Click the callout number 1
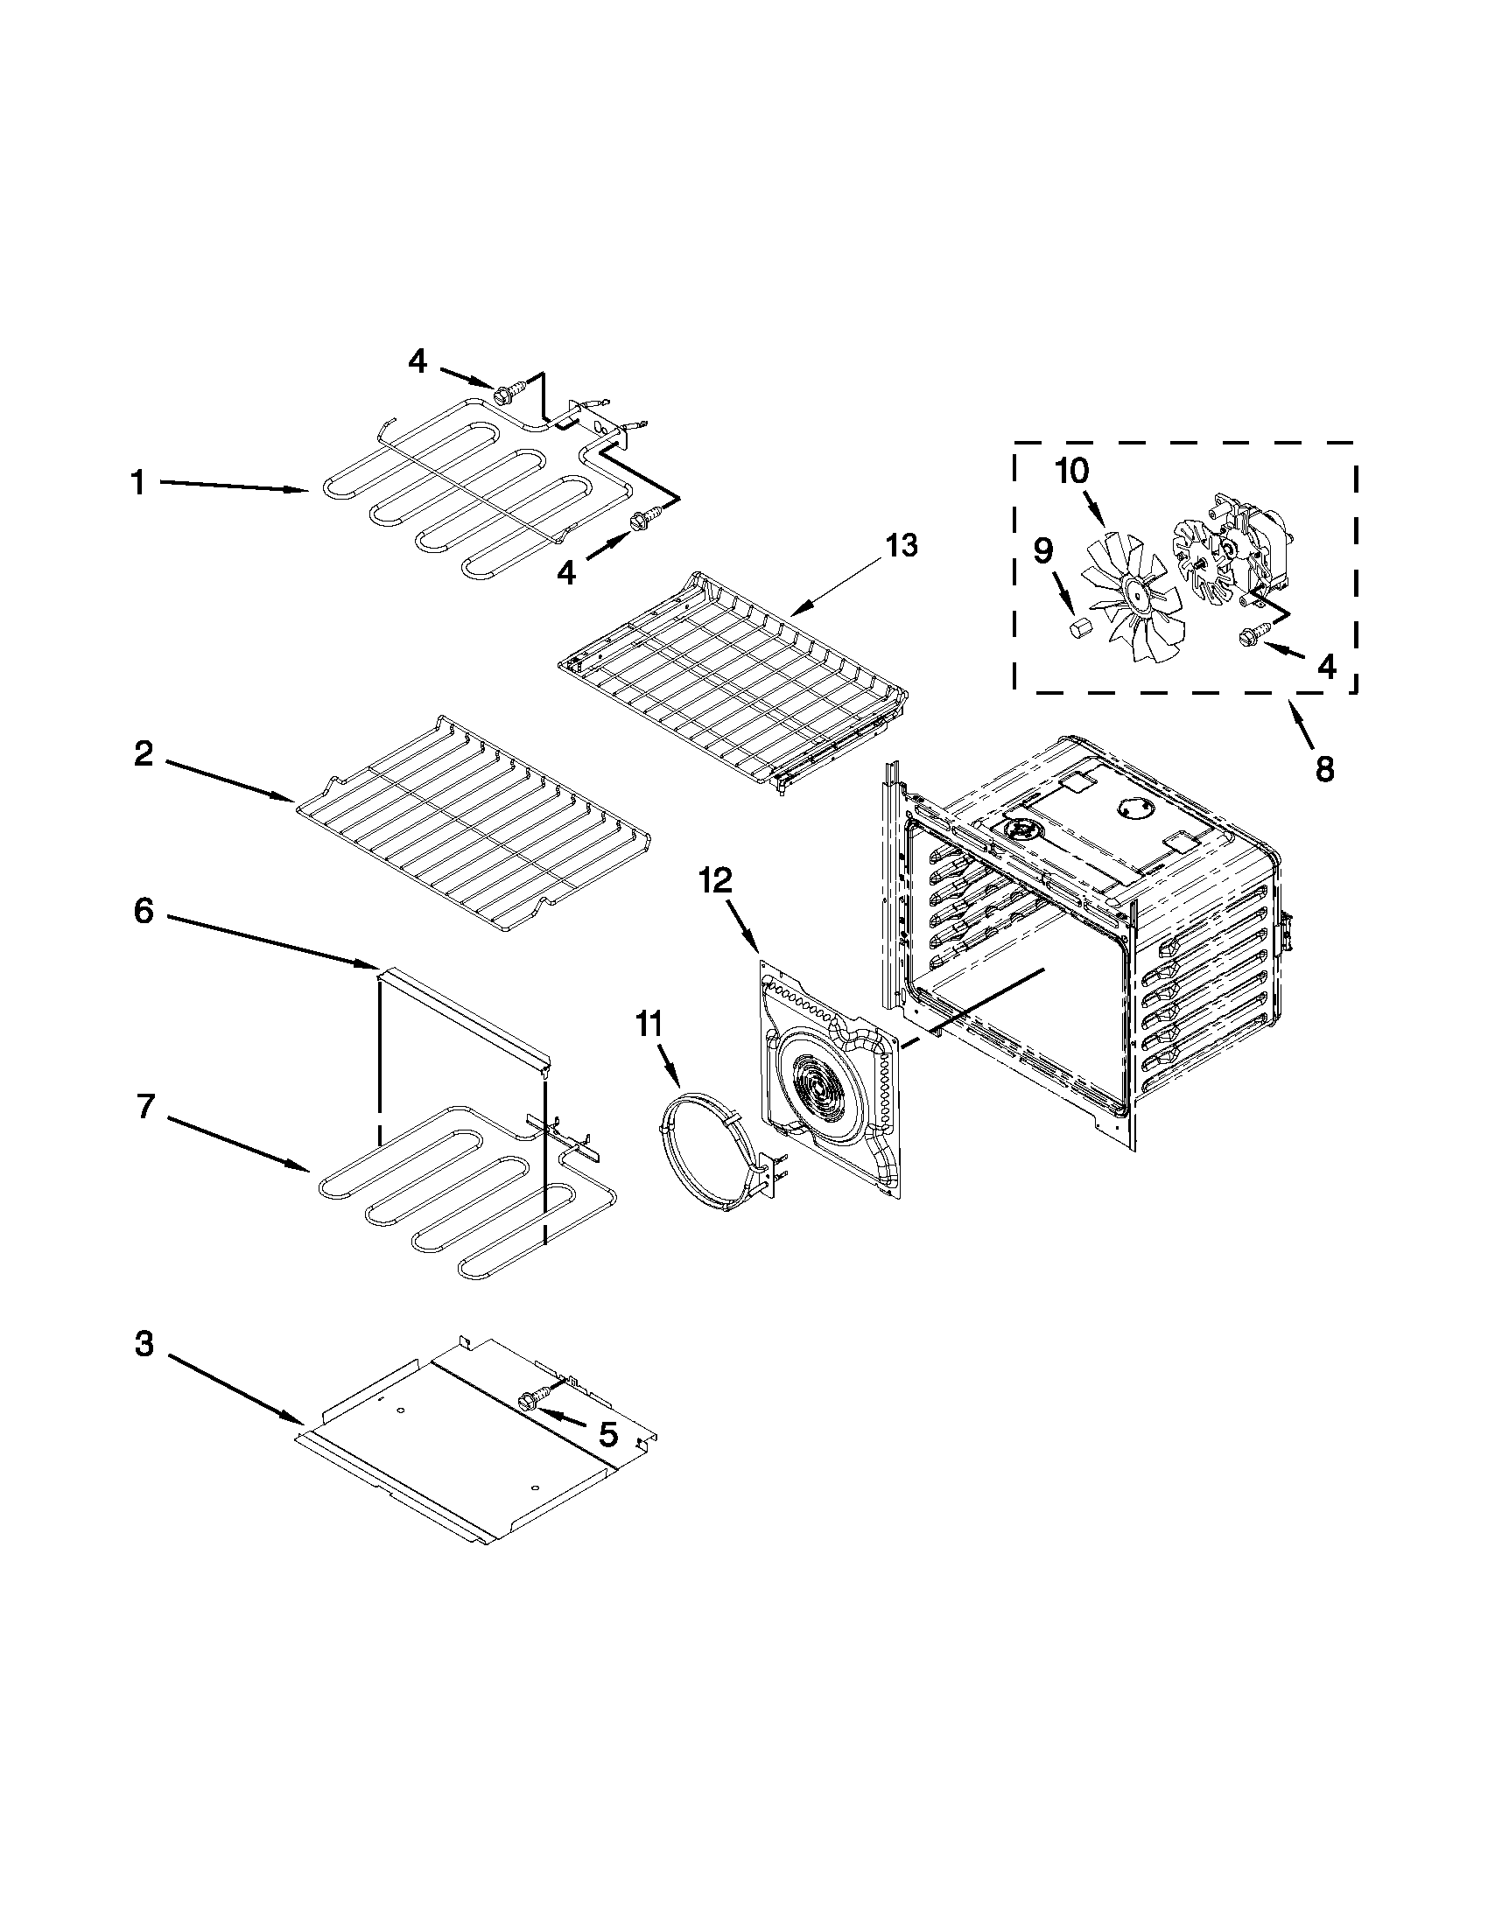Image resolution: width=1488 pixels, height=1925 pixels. (x=138, y=483)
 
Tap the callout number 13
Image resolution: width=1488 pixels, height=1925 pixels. (x=901, y=546)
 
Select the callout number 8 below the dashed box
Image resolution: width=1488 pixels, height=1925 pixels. (x=1325, y=768)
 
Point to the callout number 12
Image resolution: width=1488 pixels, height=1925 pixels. (x=716, y=880)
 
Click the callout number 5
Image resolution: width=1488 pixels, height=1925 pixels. (x=608, y=1435)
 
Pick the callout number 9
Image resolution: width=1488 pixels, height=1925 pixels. (x=1042, y=551)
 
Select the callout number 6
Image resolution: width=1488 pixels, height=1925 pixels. (x=144, y=911)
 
